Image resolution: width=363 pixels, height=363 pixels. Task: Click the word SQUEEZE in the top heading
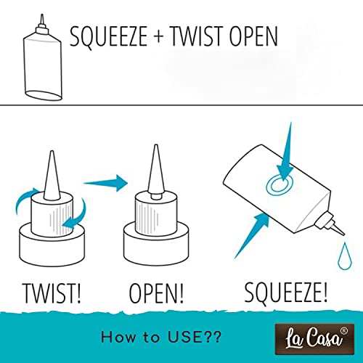pyautogui.click(x=108, y=37)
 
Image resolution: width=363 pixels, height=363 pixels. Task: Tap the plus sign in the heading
pyautogui.click(x=159, y=37)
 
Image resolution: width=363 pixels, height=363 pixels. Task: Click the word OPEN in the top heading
pyautogui.click(x=253, y=36)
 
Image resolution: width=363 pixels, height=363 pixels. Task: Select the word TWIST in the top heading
pyautogui.click(x=196, y=36)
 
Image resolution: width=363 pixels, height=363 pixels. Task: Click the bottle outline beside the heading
pyautogui.click(x=43, y=58)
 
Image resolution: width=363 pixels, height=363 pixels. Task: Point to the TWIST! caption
pyautogui.click(x=52, y=293)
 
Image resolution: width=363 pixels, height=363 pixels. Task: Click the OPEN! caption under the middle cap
pyautogui.click(x=156, y=293)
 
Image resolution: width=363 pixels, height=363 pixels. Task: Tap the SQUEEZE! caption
pyautogui.click(x=285, y=293)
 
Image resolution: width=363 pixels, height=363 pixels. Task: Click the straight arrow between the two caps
pyautogui.click(x=105, y=183)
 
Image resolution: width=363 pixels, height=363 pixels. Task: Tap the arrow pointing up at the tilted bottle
pyautogui.click(x=253, y=234)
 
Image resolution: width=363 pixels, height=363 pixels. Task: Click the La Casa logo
pyautogui.click(x=314, y=340)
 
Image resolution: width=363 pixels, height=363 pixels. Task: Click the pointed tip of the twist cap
pyautogui.click(x=52, y=152)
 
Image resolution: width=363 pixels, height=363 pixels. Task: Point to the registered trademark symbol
pyautogui.click(x=344, y=330)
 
